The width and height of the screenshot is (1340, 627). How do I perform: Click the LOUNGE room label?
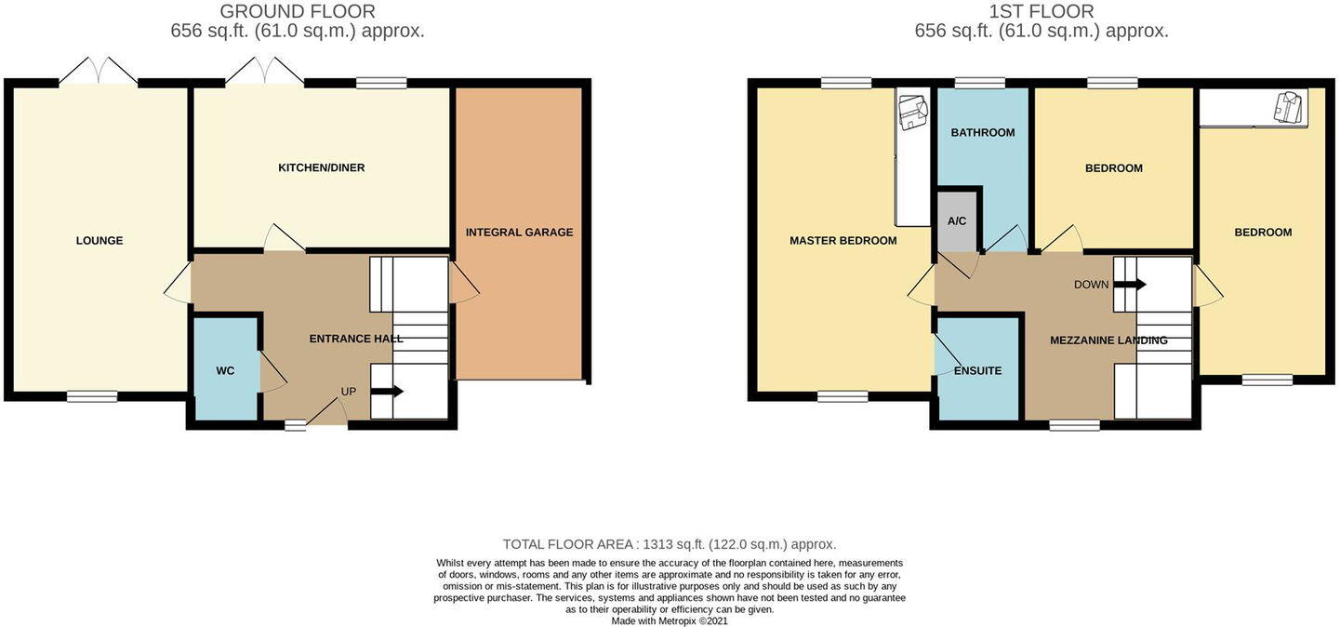tap(100, 241)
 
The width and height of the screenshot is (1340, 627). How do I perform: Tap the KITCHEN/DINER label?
tap(321, 168)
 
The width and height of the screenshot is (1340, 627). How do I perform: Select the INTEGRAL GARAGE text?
tap(519, 233)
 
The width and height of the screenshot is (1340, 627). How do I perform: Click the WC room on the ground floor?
tap(225, 371)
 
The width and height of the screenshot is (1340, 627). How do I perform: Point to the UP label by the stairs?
tap(348, 392)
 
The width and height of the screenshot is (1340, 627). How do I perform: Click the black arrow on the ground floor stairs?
tap(388, 392)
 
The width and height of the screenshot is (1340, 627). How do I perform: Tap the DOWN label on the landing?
tap(1091, 285)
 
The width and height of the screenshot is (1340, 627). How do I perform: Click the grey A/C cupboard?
tap(957, 221)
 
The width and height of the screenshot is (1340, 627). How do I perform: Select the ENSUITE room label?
tap(977, 371)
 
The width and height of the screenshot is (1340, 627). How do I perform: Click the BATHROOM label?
tap(982, 133)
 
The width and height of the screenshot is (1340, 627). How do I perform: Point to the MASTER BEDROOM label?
tap(842, 241)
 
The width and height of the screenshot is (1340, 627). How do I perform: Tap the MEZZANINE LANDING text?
tap(1108, 340)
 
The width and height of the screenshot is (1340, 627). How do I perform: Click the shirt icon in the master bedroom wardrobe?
tap(912, 112)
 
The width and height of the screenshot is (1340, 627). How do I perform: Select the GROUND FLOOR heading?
tap(298, 11)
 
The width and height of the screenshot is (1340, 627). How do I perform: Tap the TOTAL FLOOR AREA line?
tap(669, 544)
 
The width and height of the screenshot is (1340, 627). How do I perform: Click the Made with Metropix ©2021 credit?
tap(669, 620)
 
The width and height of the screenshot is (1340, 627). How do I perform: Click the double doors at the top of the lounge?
tap(99, 73)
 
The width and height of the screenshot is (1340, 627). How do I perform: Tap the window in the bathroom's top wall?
tap(980, 83)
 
